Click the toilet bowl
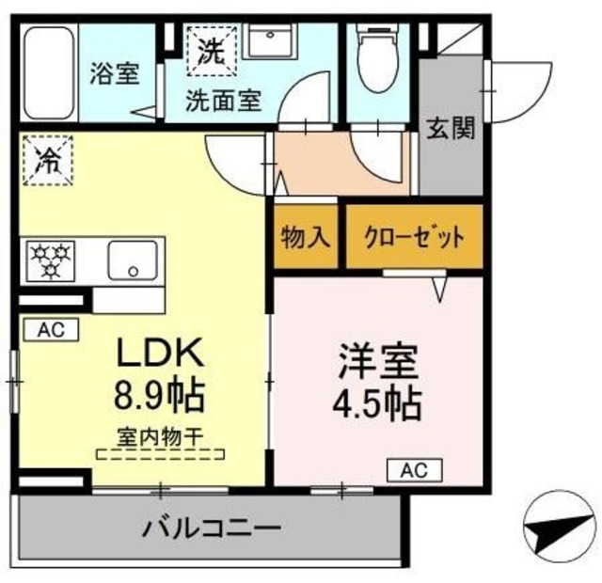pyautogui.click(x=378, y=61)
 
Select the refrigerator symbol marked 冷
pyautogui.click(x=46, y=159)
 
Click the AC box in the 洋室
pyautogui.click(x=414, y=468)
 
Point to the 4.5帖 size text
pyautogui.click(x=376, y=403)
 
